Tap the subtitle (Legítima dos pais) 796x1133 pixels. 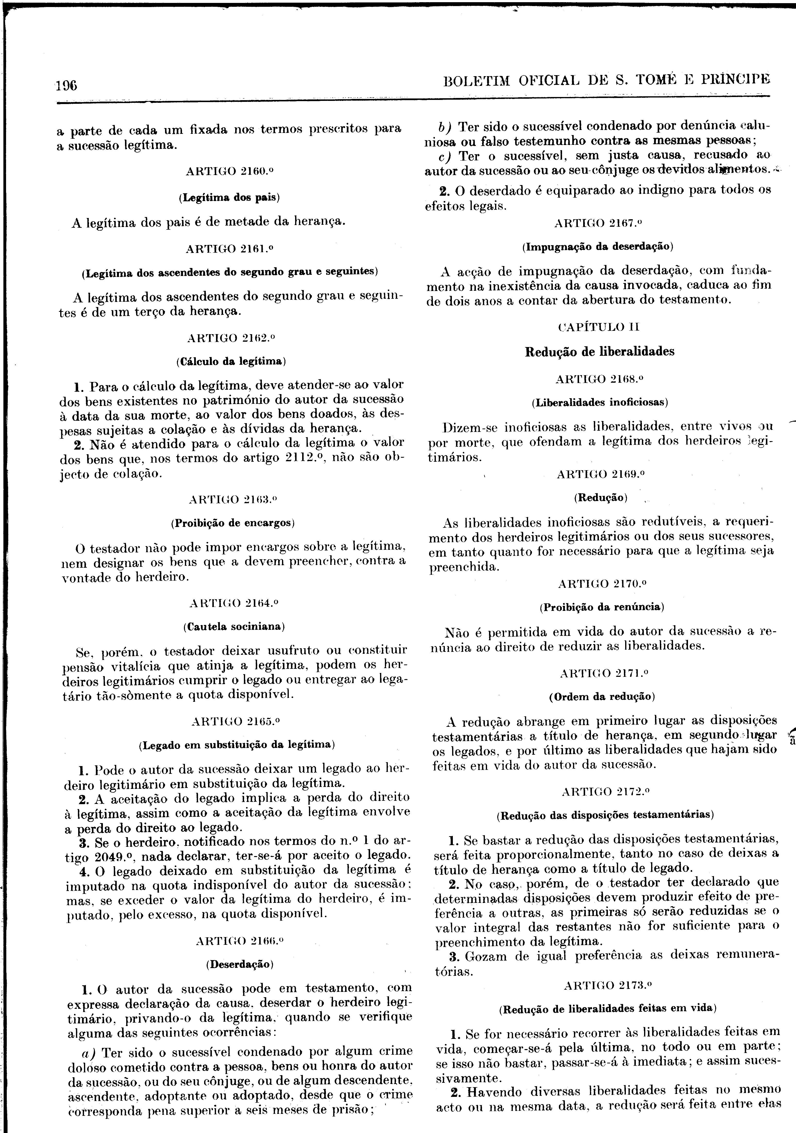[x=229, y=197]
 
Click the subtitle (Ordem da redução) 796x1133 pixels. [x=602, y=697]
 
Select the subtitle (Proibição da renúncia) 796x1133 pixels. [x=602, y=607]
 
